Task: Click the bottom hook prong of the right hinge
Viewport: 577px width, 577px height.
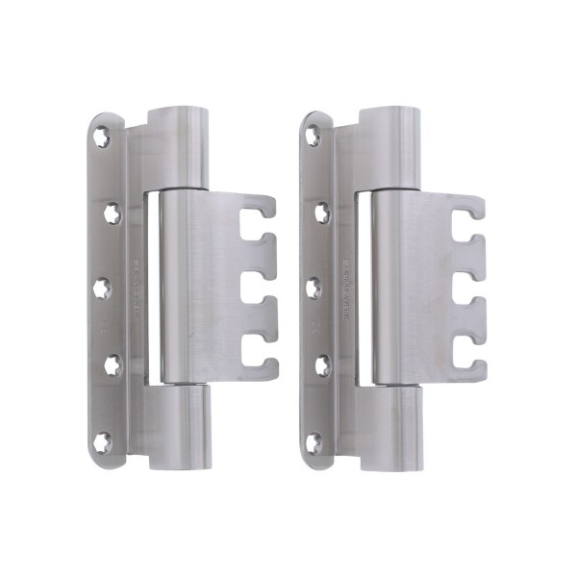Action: [x=464, y=365]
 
